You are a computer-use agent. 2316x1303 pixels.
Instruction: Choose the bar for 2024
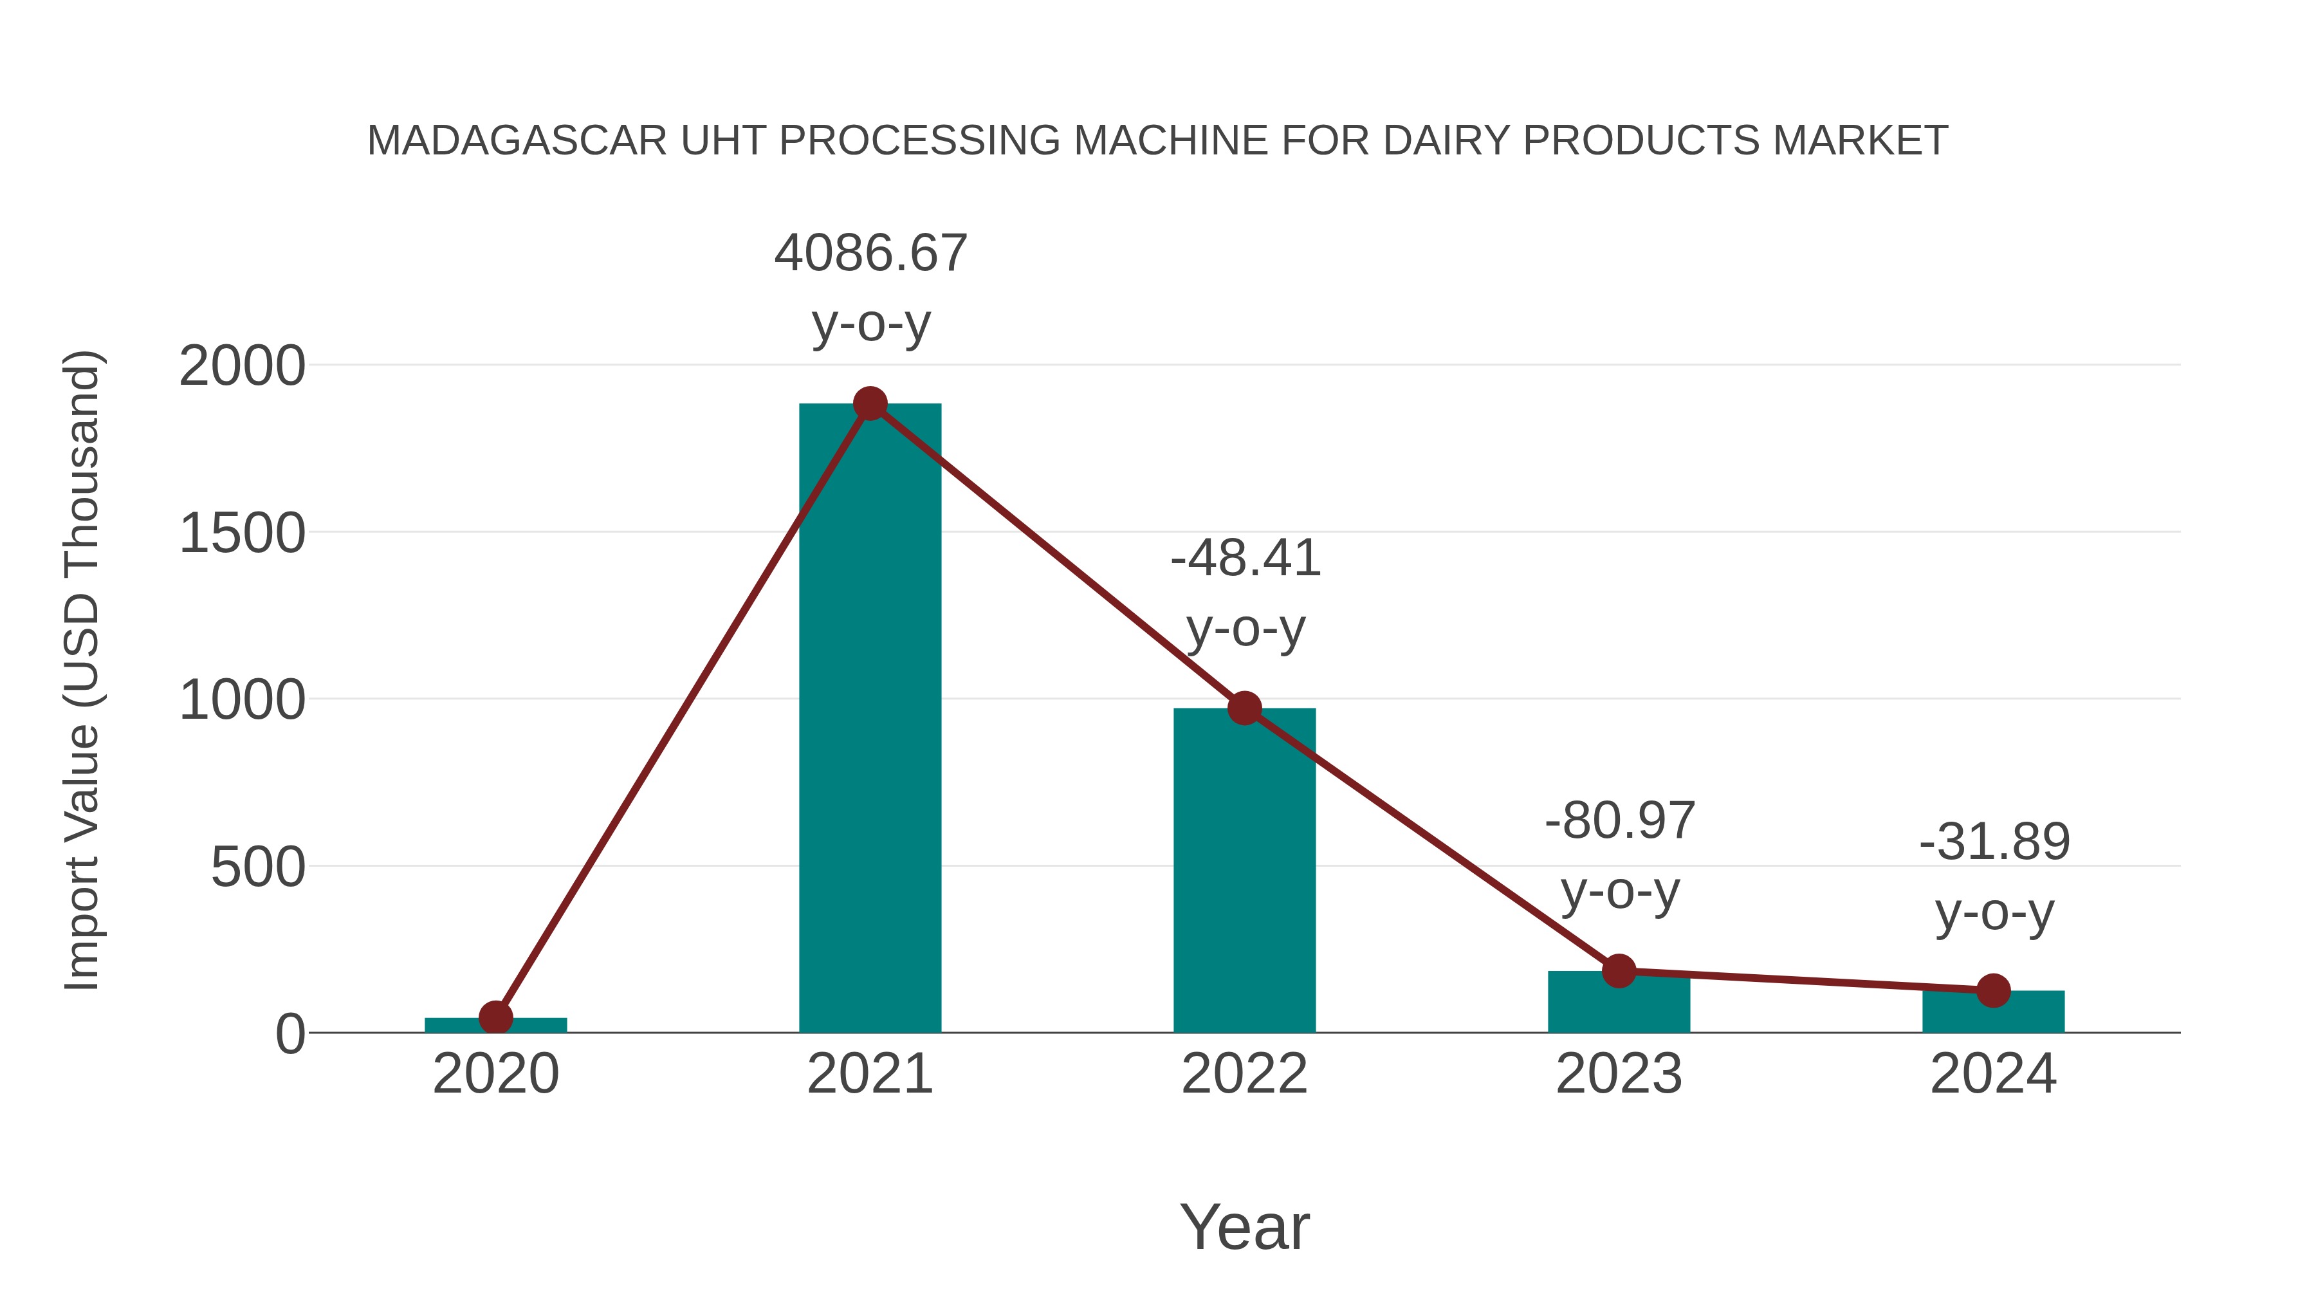[x=1993, y=1014]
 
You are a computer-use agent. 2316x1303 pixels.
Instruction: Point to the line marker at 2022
[x=1244, y=708]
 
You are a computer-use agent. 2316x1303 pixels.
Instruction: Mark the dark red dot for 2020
[x=495, y=1018]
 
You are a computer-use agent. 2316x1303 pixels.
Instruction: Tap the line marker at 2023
[x=1619, y=971]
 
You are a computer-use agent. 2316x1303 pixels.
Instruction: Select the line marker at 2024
[x=1993, y=991]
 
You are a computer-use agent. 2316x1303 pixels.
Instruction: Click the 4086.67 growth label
[x=870, y=254]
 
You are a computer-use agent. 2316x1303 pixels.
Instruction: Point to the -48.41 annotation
[x=1245, y=559]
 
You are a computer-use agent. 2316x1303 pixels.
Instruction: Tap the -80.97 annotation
[x=1619, y=821]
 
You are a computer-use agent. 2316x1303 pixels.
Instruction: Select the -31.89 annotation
[x=1994, y=842]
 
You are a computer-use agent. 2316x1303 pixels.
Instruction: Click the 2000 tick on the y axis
[x=242, y=367]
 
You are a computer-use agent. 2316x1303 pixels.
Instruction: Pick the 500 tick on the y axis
[x=257, y=869]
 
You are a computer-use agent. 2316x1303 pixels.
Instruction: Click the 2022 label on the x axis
[x=1244, y=1075]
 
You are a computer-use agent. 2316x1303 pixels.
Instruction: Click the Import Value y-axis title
[x=83, y=670]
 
